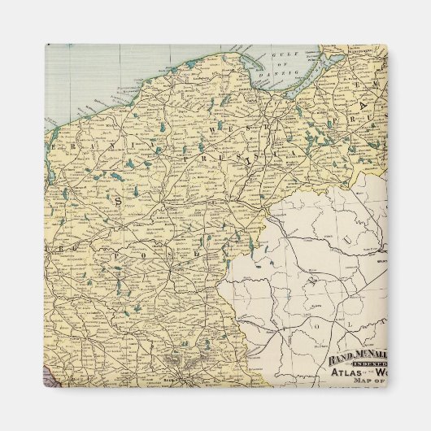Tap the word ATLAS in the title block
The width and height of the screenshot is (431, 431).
(x=346, y=374)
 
